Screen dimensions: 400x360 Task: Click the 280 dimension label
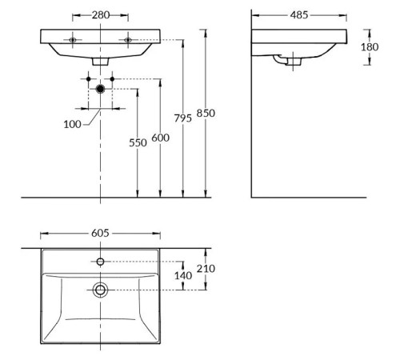101,15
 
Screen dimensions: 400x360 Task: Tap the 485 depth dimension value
299,15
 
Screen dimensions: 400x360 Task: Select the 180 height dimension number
370,47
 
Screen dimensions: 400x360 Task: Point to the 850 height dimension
206,113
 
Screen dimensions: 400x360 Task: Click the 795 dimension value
183,118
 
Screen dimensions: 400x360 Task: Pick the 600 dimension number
160,138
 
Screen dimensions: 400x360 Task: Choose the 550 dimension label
138,142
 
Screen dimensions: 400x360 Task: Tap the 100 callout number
72,124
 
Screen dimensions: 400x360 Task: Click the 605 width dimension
100,233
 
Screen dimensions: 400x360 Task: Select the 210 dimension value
206,269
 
